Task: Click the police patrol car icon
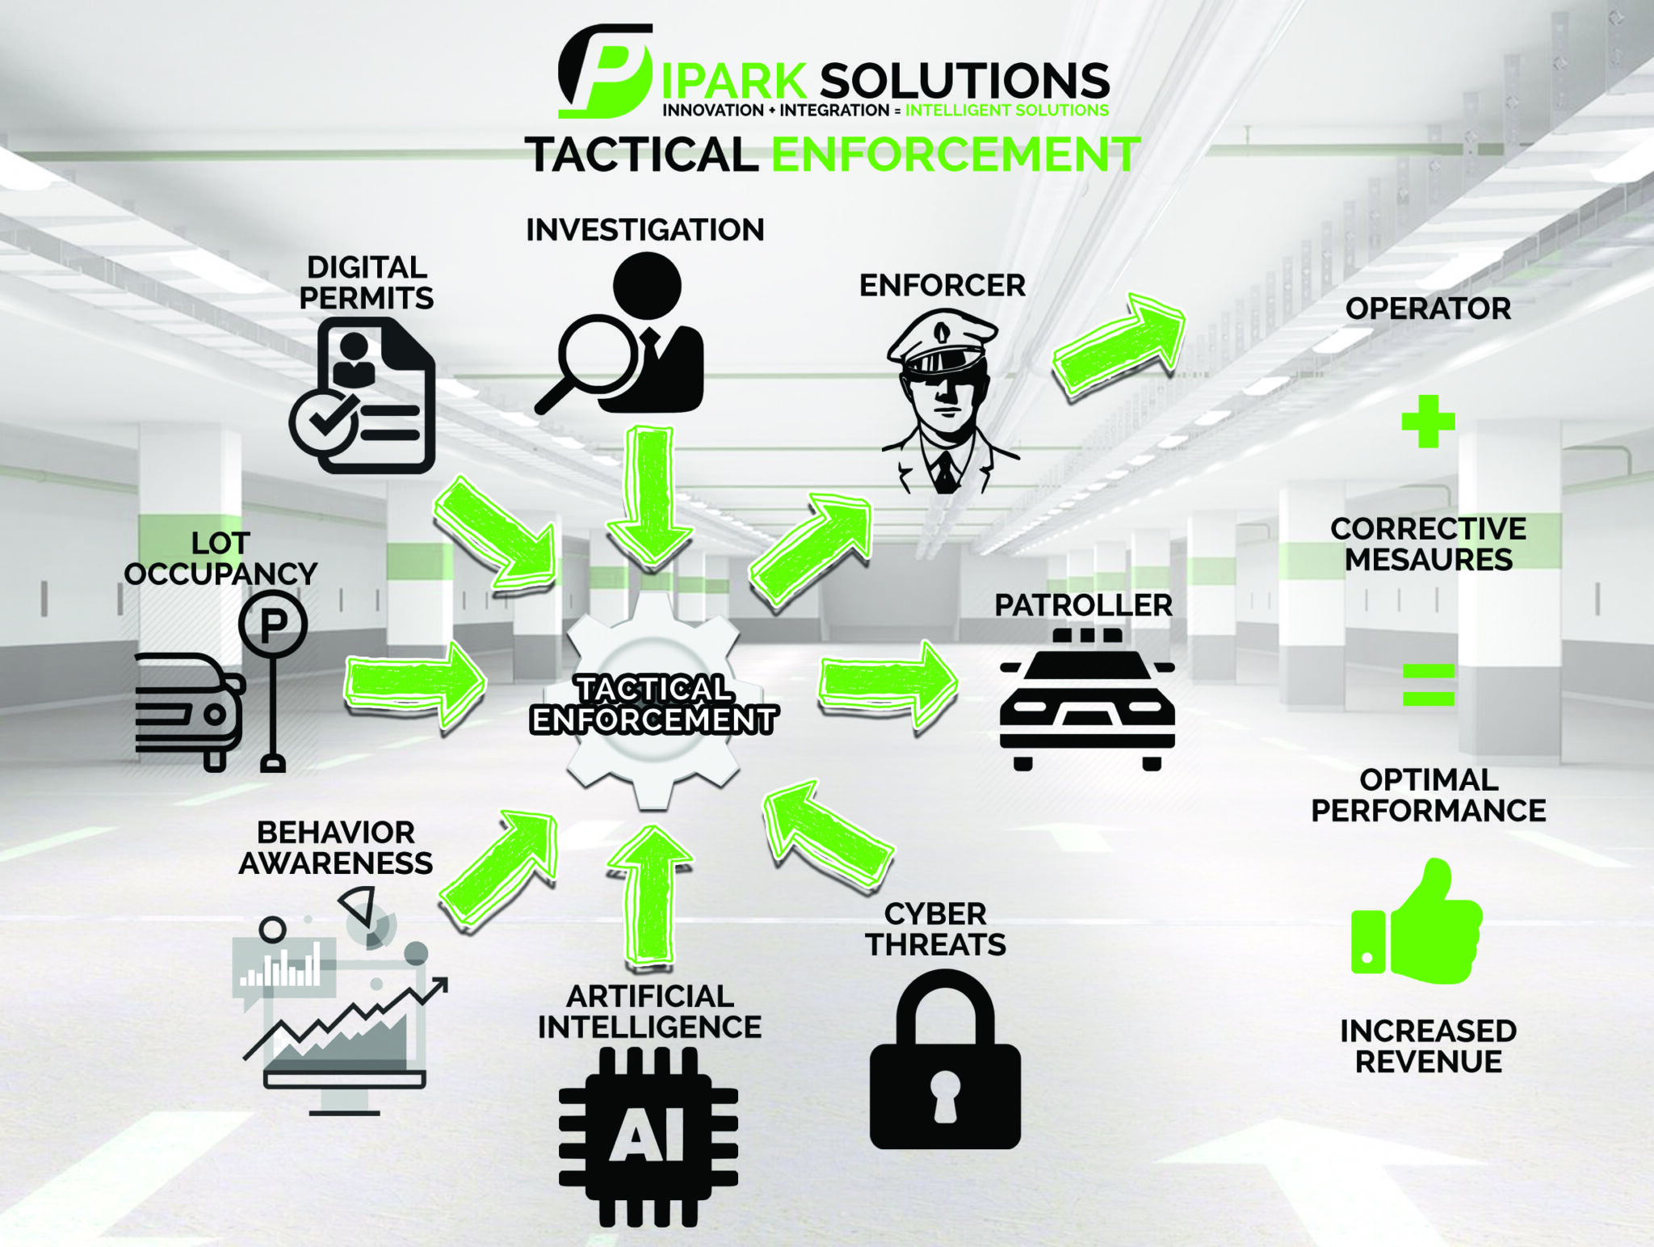click(1087, 699)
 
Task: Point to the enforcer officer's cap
click(942, 340)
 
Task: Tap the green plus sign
click(1428, 421)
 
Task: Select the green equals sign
click(1428, 684)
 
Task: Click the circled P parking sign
click(273, 623)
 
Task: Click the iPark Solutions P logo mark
click(604, 71)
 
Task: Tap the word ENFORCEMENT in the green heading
click(956, 155)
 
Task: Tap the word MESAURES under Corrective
click(1428, 560)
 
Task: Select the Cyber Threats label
click(935, 929)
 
